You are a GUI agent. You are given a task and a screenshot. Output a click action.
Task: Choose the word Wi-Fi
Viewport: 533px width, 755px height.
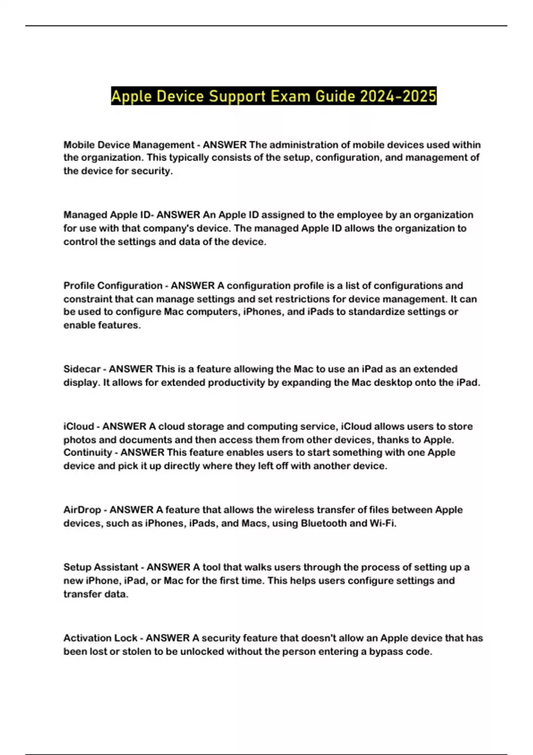pyautogui.click(x=382, y=523)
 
